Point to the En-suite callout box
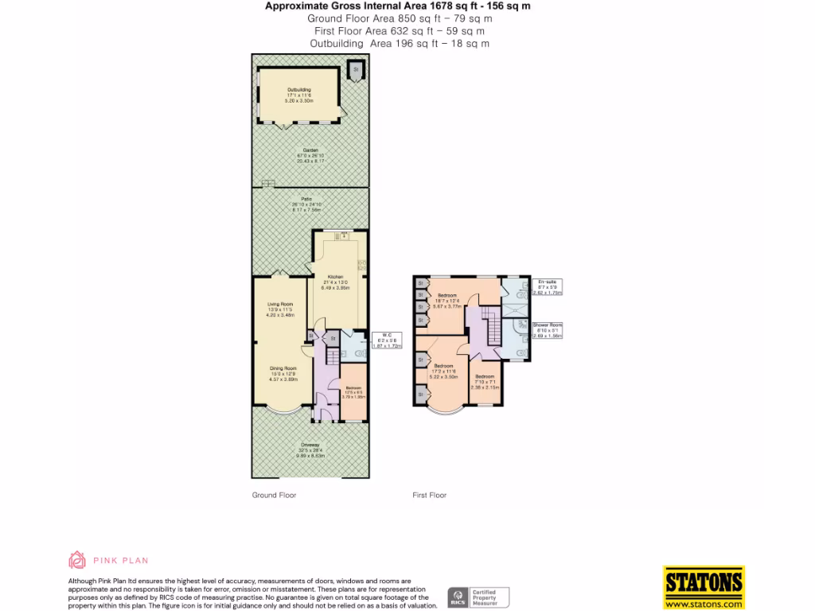click(547, 287)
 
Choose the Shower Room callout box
click(547, 330)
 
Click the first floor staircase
click(490, 327)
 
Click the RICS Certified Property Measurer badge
click(478, 597)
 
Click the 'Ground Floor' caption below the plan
click(274, 495)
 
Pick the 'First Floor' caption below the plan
click(430, 495)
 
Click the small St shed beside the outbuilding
click(356, 70)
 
